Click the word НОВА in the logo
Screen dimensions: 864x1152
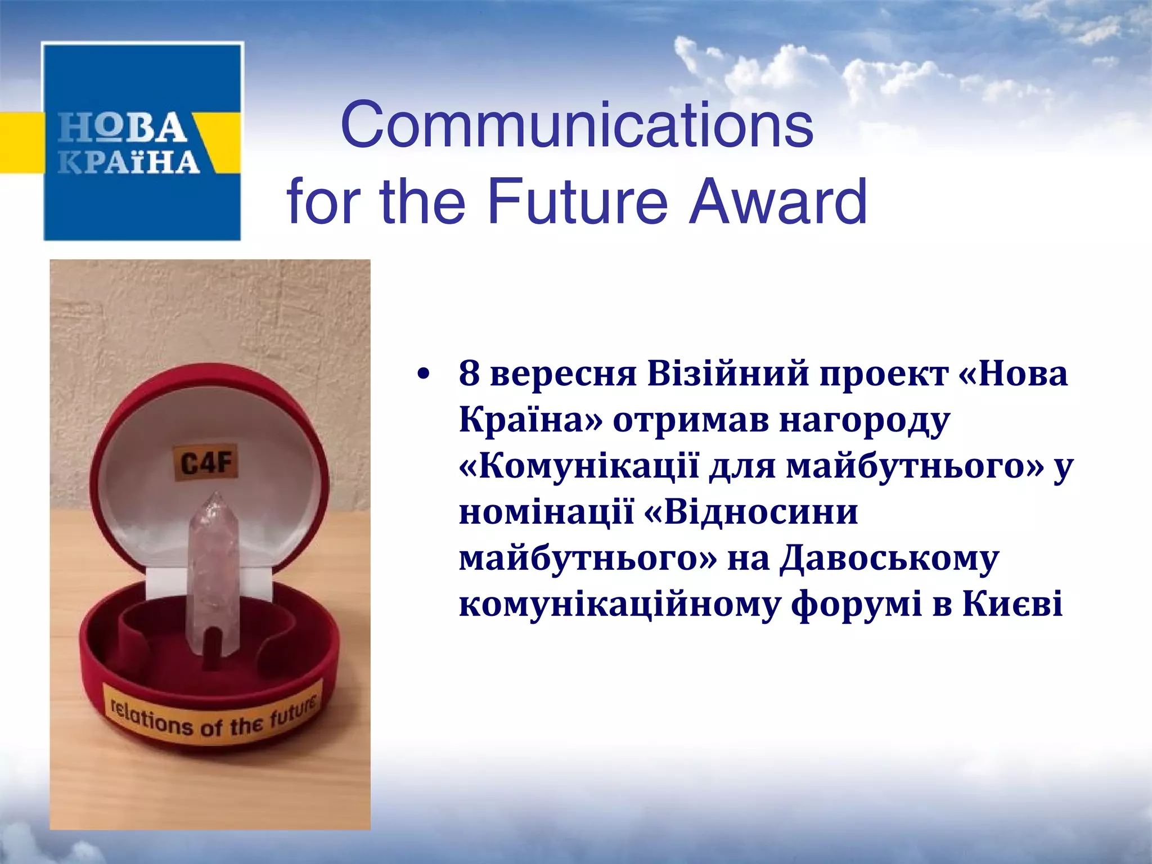click(x=123, y=128)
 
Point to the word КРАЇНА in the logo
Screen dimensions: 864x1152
click(x=129, y=162)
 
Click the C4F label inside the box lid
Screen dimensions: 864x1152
click(x=206, y=463)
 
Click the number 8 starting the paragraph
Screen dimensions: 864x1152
click(x=469, y=373)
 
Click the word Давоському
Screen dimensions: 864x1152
click(x=889, y=559)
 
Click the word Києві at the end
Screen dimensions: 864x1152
click(x=1012, y=604)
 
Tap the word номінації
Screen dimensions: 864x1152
click(x=546, y=512)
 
